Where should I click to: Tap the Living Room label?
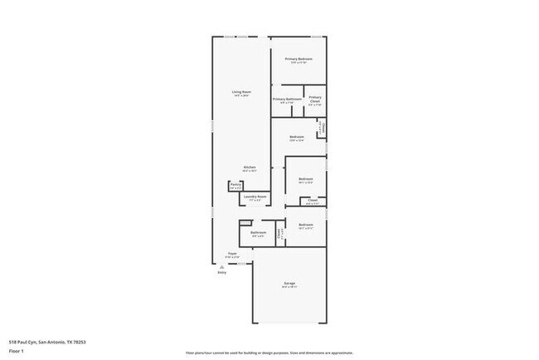241,91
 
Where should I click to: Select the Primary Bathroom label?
288,100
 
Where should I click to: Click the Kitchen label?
250,167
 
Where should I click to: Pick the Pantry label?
236,184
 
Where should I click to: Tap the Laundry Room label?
255,197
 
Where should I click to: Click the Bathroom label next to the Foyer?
258,232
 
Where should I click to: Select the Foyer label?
233,253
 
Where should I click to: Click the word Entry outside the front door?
222,272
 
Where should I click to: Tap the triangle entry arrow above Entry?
222,265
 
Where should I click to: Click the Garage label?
289,284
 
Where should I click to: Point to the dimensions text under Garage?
289,288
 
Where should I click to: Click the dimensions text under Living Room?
241,95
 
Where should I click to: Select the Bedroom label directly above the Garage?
306,225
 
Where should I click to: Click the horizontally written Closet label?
312,199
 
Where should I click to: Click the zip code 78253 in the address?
80,341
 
